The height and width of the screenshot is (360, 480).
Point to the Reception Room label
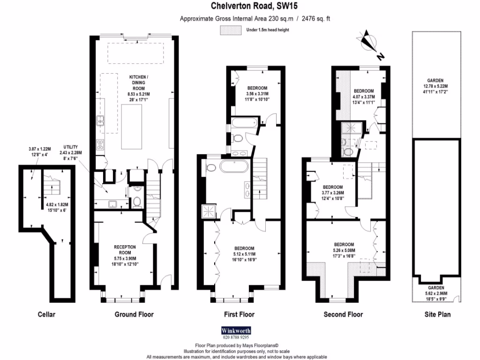(125, 250)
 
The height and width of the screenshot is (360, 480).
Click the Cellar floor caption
(46, 315)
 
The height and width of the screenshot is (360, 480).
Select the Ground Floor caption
(134, 315)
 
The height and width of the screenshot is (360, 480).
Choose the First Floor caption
(240, 315)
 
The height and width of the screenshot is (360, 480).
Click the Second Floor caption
(343, 315)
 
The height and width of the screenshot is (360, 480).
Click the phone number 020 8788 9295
(235, 337)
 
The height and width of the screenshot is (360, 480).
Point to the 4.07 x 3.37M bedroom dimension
(364, 97)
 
